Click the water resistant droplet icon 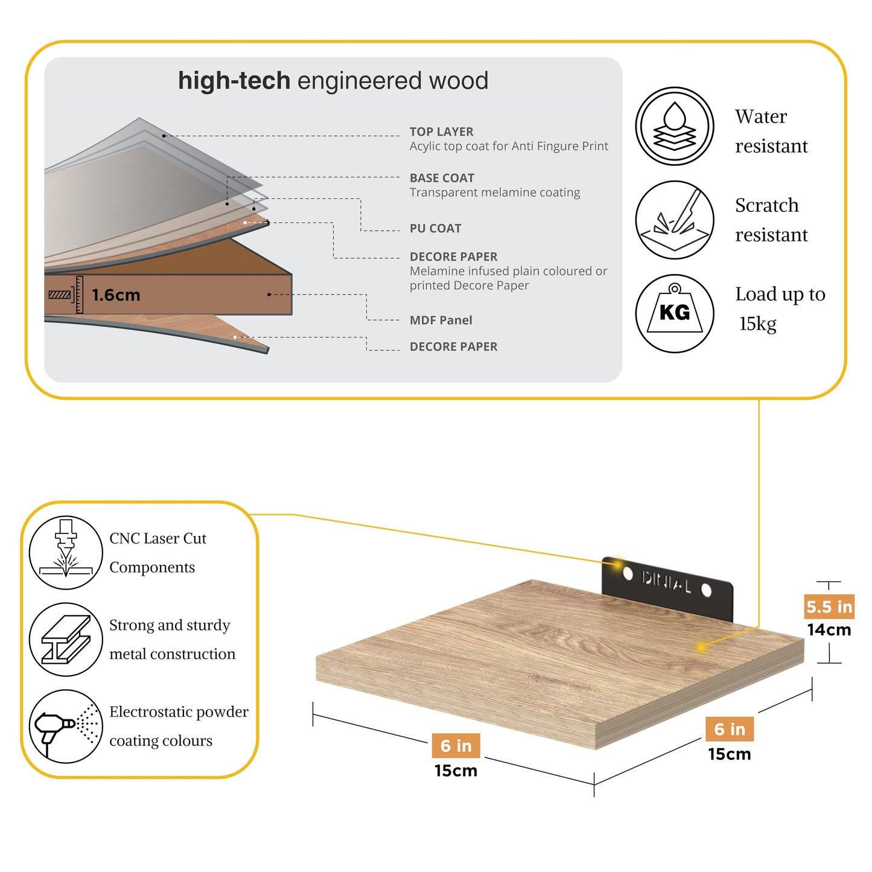(x=674, y=126)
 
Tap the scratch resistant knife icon (x=674, y=220)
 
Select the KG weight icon (x=674, y=313)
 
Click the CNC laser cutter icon (x=66, y=553)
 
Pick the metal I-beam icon (x=66, y=640)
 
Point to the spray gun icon (x=66, y=727)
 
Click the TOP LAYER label (x=441, y=132)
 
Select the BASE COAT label (x=442, y=178)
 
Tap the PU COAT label (x=435, y=228)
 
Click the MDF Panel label (x=441, y=320)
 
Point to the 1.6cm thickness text (x=116, y=295)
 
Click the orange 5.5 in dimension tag (x=829, y=606)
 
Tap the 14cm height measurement (x=829, y=629)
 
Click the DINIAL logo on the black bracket (x=666, y=582)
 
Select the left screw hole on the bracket (x=628, y=574)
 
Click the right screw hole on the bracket (x=706, y=590)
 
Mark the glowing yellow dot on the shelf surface (x=701, y=647)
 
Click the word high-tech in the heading (x=234, y=80)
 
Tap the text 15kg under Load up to (x=758, y=323)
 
